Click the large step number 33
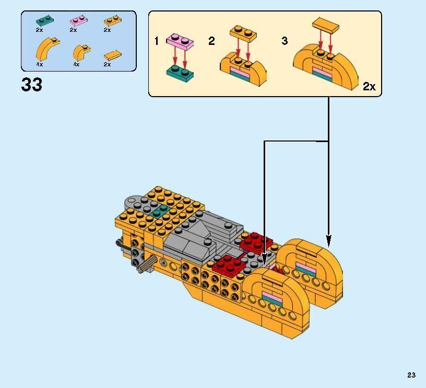point(32,85)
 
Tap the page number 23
point(411,374)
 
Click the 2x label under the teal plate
point(40,30)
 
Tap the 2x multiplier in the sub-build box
point(369,87)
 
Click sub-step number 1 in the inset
point(157,41)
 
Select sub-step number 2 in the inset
point(211,41)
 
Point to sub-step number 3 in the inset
point(285,41)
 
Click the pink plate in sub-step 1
point(179,40)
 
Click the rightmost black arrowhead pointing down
point(328,241)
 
